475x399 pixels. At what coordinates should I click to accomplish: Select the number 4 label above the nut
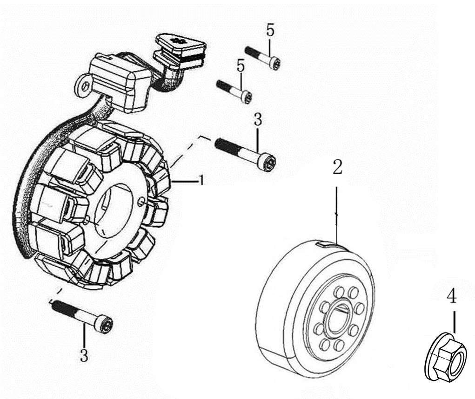451,296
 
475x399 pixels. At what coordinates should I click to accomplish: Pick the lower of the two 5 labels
241,65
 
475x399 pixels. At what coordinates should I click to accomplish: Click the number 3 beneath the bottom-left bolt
84,355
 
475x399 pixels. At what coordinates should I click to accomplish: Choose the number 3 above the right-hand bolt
258,119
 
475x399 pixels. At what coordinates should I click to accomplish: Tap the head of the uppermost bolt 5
275,63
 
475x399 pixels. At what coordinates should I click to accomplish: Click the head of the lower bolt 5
247,97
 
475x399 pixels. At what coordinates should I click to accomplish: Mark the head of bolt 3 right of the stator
269,163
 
